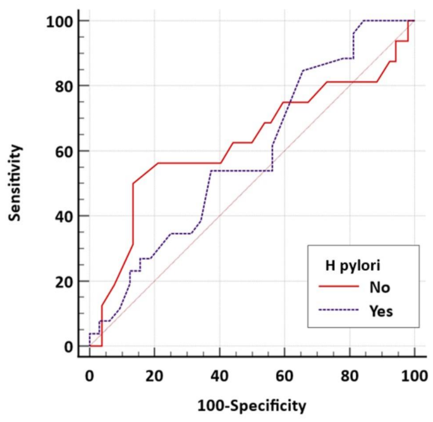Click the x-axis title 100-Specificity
[252, 402]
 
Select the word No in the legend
[381, 287]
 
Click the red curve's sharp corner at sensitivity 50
[133, 183]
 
